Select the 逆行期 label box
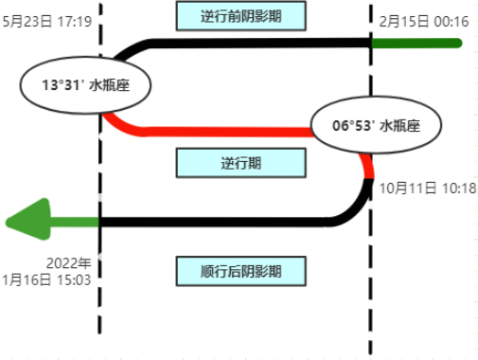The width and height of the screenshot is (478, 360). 240,163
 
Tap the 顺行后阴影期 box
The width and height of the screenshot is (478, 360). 240,271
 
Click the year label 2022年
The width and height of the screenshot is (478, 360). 70,262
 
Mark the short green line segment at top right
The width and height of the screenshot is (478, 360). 416,43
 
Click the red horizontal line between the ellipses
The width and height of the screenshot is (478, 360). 227,132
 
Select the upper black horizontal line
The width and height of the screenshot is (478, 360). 256,43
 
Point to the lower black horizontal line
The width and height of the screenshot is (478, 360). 218,222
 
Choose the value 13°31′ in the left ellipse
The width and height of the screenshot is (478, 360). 62,84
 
